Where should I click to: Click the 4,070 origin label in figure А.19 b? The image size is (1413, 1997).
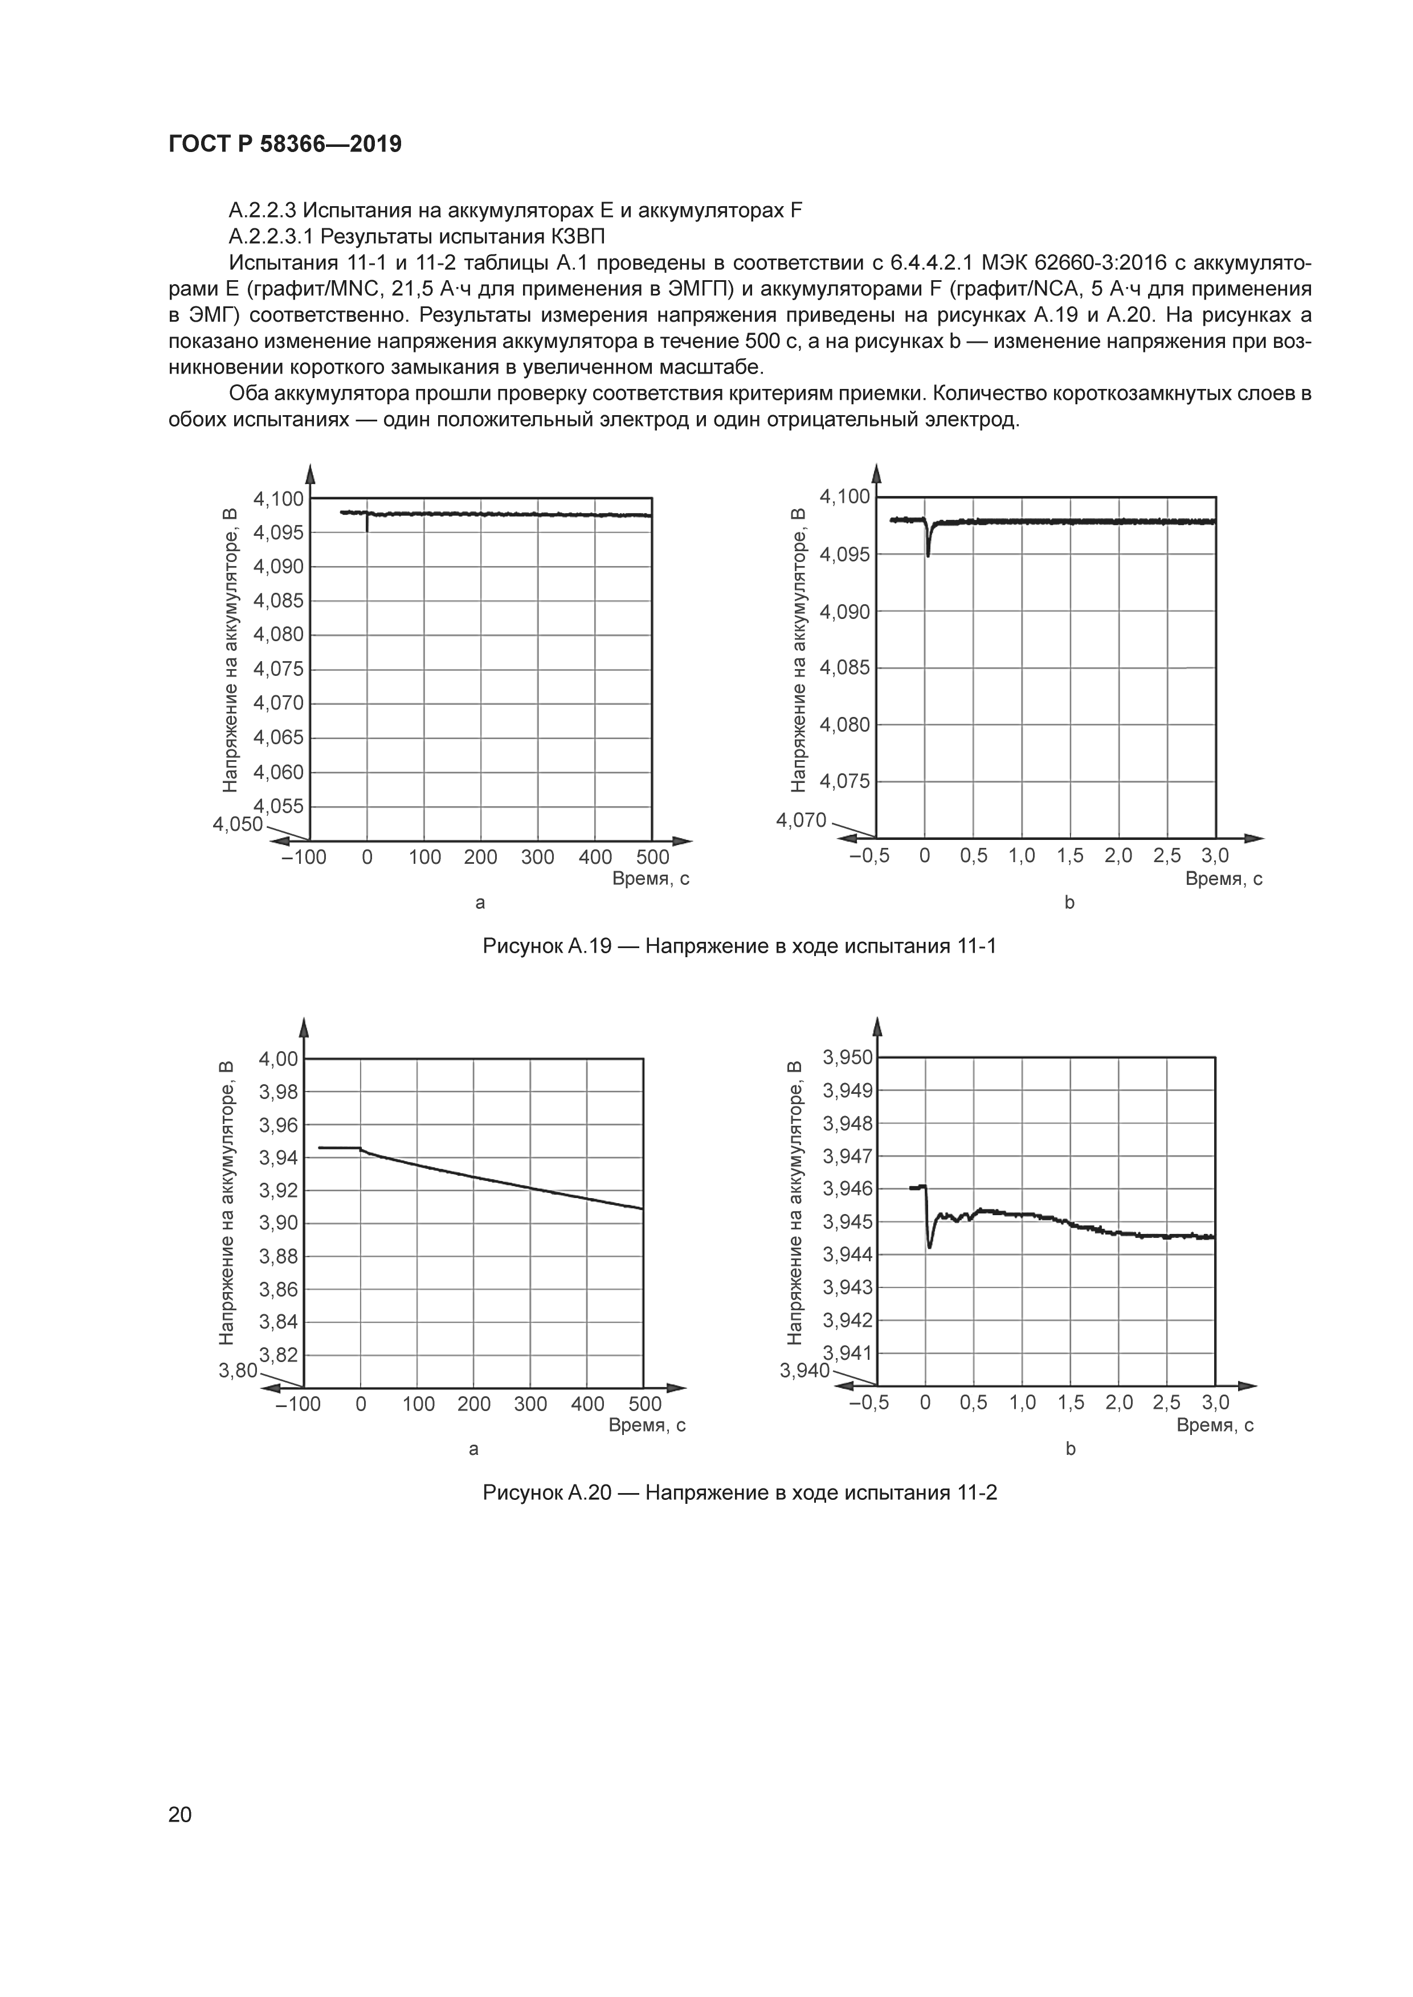[x=801, y=820]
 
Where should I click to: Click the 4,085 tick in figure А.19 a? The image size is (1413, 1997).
[x=279, y=601]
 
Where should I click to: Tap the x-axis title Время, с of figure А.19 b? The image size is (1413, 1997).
[x=1223, y=879]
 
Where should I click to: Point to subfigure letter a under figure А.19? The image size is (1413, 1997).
[x=479, y=902]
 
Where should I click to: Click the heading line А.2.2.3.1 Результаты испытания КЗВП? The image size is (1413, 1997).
[x=416, y=236]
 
